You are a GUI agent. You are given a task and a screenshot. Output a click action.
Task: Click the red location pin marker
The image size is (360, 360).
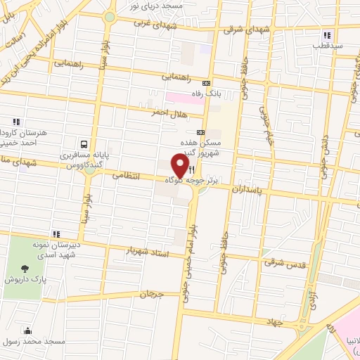[181, 165]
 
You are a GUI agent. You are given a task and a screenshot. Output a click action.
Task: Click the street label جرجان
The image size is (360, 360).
[151, 295]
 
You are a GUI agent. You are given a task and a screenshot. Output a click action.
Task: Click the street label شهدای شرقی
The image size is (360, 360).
[243, 30]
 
